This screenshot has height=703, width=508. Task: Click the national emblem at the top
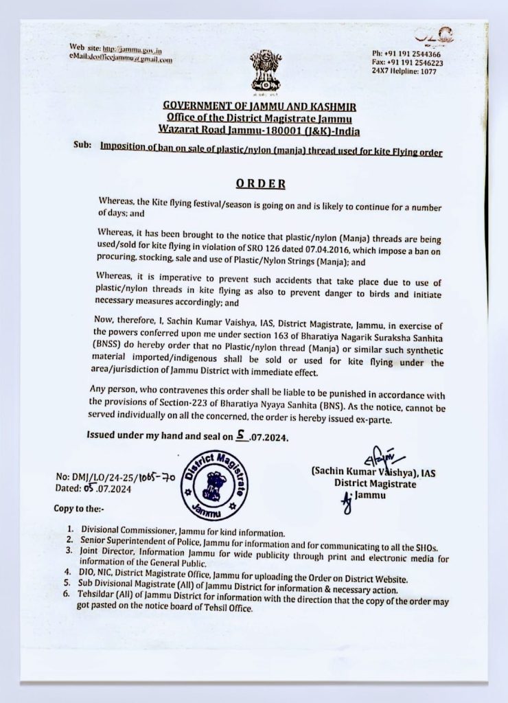[265, 69]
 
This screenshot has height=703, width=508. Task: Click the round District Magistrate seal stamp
[214, 485]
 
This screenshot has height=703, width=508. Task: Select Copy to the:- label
[81, 509]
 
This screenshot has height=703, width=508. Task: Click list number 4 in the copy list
[70, 571]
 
